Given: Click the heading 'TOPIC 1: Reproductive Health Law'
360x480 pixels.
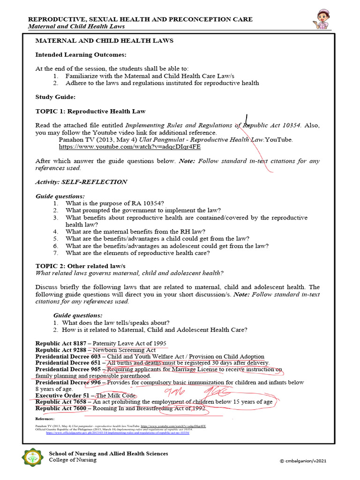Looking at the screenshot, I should tap(90, 112).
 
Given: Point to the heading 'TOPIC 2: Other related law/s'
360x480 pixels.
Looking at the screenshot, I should tap(81, 266).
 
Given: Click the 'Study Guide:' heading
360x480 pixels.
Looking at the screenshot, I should tap(55, 97).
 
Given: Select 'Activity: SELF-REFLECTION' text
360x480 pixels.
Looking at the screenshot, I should tap(81, 182).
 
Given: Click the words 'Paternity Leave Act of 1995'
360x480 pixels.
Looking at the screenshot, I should tap(129, 343).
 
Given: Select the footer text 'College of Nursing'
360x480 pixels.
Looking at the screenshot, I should tap(73, 460).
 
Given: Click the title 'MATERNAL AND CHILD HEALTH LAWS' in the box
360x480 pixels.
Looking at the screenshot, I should tap(105, 41).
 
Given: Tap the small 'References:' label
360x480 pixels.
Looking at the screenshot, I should tap(45, 419).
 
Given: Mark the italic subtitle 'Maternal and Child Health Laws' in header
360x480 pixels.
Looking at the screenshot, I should tap(77, 26).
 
